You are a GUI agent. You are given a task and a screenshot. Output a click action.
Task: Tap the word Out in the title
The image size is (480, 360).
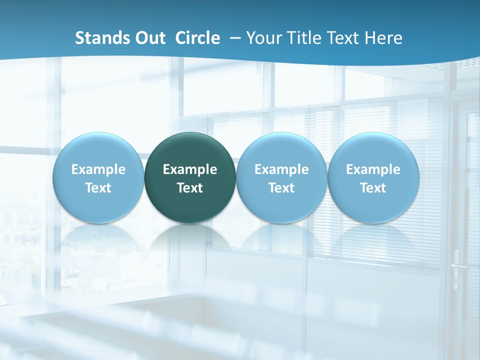pyautogui.click(x=149, y=38)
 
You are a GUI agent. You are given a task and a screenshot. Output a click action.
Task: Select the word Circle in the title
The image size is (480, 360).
pyautogui.click(x=197, y=38)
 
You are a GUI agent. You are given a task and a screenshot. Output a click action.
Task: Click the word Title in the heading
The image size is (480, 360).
pyautogui.click(x=304, y=38)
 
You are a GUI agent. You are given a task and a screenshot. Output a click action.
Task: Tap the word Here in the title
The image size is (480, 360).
pyautogui.click(x=383, y=38)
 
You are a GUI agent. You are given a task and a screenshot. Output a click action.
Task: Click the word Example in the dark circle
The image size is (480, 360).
pyautogui.click(x=190, y=169)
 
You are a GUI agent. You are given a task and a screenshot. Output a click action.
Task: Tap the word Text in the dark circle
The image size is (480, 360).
pyautogui.click(x=190, y=188)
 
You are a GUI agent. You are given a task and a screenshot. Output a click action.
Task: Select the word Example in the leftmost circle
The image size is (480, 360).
pyautogui.click(x=98, y=169)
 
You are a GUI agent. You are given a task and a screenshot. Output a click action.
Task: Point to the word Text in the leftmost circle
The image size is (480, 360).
pyautogui.click(x=98, y=188)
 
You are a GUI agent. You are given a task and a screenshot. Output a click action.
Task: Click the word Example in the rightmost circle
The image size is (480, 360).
pyautogui.click(x=373, y=169)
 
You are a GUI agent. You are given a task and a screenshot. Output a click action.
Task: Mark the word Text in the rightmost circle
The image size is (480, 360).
pyautogui.click(x=373, y=188)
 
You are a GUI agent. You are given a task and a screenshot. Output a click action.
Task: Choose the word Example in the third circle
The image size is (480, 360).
pyautogui.click(x=281, y=169)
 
